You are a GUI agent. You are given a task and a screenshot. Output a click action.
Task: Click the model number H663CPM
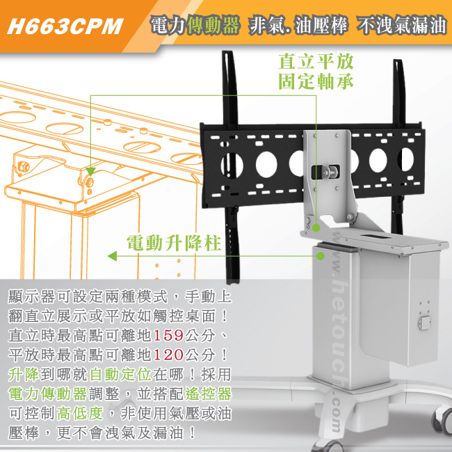click(x=65, y=26)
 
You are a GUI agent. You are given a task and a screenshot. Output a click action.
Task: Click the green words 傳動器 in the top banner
click(x=213, y=26)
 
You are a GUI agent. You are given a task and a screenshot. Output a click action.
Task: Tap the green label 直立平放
click(x=316, y=61)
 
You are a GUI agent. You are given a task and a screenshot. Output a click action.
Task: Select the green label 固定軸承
click(x=316, y=81)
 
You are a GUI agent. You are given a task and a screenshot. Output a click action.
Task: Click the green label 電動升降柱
click(x=174, y=243)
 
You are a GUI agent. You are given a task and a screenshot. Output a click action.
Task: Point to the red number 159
click(x=169, y=335)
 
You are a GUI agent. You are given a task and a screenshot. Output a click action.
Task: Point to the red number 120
click(x=169, y=355)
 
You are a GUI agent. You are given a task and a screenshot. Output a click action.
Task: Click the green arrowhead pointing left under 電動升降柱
click(x=112, y=256)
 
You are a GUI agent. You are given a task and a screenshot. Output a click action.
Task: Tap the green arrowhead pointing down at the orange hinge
click(x=90, y=172)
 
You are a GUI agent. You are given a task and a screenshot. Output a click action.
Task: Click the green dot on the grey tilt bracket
click(x=316, y=228)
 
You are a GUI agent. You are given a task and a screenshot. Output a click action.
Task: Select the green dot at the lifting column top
click(x=321, y=256)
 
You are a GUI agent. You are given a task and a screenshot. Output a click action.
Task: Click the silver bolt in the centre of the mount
click(x=329, y=172)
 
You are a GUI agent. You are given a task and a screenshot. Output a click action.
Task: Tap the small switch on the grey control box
click(x=424, y=323)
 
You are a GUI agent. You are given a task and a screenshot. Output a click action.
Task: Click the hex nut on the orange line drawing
click(x=23, y=167)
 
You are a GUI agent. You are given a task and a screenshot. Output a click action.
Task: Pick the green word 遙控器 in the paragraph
click(x=208, y=394)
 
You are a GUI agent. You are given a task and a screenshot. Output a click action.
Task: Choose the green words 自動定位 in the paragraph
click(x=120, y=374)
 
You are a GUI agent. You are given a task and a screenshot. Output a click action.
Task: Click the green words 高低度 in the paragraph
click(x=80, y=413)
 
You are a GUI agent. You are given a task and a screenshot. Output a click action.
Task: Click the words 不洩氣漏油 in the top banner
click(x=401, y=26)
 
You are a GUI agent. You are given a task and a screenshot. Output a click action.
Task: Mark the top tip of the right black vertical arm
click(x=398, y=60)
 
